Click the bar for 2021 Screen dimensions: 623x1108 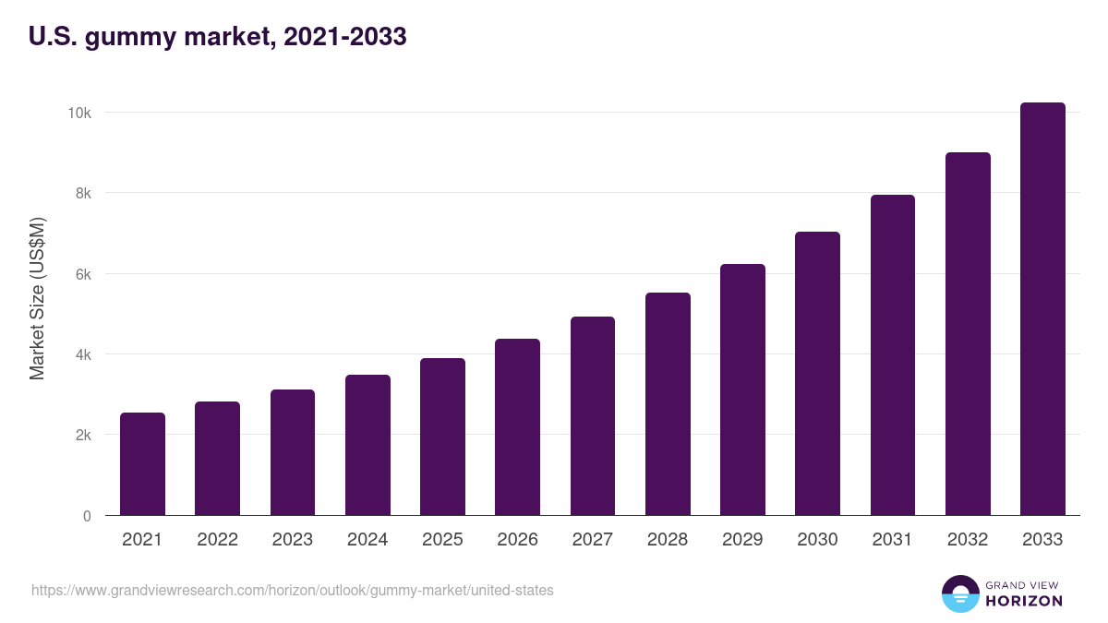[142, 464]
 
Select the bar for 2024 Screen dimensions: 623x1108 [367, 445]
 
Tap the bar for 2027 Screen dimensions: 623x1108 [593, 416]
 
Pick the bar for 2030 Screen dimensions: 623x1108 [817, 374]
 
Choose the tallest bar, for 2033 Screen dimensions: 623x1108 [1042, 309]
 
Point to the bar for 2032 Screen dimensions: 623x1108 [968, 334]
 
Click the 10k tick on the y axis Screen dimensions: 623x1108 [78, 113]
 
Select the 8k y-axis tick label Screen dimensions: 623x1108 [82, 194]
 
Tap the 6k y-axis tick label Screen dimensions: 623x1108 [82, 274]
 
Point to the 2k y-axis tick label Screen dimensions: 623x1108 [82, 436]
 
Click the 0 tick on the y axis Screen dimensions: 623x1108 [87, 517]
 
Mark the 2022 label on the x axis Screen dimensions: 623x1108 [217, 540]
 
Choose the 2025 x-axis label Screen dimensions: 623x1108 [442, 540]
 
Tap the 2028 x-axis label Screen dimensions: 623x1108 [668, 540]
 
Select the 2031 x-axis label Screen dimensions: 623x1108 [892, 540]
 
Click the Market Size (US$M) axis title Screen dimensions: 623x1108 [37, 298]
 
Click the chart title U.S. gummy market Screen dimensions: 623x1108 [218, 38]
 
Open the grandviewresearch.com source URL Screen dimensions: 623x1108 [293, 590]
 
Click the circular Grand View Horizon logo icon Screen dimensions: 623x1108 [960, 594]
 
